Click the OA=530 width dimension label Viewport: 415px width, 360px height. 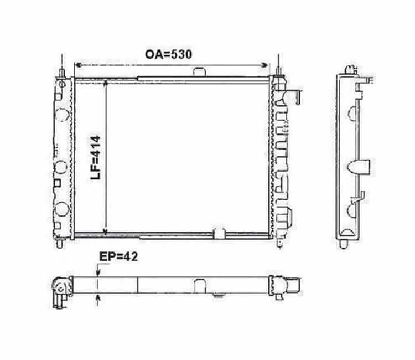(x=168, y=54)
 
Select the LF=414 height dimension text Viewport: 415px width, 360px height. (x=96, y=158)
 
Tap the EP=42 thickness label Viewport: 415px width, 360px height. (x=118, y=256)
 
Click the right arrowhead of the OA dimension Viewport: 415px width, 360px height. (x=264, y=65)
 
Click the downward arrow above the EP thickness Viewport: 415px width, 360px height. (x=98, y=272)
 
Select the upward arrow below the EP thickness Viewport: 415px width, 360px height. (x=98, y=299)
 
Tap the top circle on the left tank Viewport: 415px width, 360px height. (x=63, y=115)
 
